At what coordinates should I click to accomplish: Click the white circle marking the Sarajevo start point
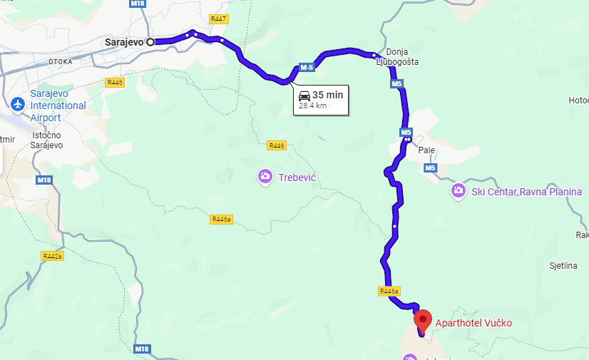[150, 42]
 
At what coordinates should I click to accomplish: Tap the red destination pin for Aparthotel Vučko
[423, 319]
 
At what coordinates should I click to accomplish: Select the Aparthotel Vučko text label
[473, 324]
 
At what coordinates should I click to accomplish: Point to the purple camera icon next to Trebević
[265, 176]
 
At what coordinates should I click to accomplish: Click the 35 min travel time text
[327, 95]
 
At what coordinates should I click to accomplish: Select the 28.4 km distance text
[312, 106]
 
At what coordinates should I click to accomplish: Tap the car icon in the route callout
[304, 95]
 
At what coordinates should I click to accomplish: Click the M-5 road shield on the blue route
[307, 68]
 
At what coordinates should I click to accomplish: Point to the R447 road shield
[217, 19]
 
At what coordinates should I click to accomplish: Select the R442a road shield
[52, 256]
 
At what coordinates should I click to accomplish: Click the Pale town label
[426, 150]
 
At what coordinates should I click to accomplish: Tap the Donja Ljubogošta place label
[397, 57]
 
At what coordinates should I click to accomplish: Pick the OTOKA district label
[61, 62]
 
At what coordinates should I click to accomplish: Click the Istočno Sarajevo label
[48, 140]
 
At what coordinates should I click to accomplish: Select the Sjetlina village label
[563, 266]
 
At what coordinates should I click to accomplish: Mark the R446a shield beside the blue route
[389, 291]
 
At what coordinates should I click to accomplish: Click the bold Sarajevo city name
[124, 42]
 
